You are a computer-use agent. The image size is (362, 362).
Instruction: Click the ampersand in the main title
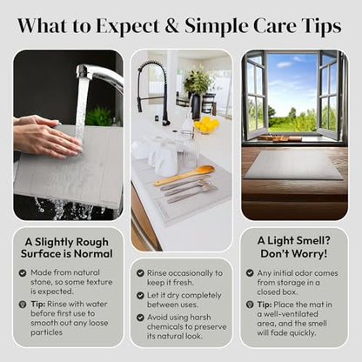tap(172, 26)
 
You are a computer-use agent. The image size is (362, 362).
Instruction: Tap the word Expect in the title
tap(128, 27)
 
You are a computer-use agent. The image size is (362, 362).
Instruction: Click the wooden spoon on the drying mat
tap(184, 175)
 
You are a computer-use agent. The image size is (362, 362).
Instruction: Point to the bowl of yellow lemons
tap(206, 125)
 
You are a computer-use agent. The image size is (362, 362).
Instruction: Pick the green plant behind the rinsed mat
tap(99, 116)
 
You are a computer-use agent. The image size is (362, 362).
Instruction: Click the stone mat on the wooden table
tap(293, 165)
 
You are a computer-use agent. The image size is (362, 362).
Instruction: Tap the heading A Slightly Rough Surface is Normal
tap(66, 248)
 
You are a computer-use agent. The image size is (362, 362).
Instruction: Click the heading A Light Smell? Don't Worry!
tap(294, 247)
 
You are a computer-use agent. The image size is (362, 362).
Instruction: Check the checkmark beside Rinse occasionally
tap(140, 273)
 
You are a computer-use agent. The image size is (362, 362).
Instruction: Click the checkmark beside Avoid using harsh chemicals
tap(140, 318)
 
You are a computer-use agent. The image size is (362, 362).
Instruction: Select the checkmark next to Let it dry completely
tap(140, 295)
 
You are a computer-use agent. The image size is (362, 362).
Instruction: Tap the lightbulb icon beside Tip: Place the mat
tap(250, 305)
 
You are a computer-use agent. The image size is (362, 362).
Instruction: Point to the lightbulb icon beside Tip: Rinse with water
tap(23, 305)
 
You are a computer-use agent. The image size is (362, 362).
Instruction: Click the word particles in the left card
tap(47, 332)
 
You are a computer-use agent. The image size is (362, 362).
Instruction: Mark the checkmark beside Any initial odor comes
tap(250, 273)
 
